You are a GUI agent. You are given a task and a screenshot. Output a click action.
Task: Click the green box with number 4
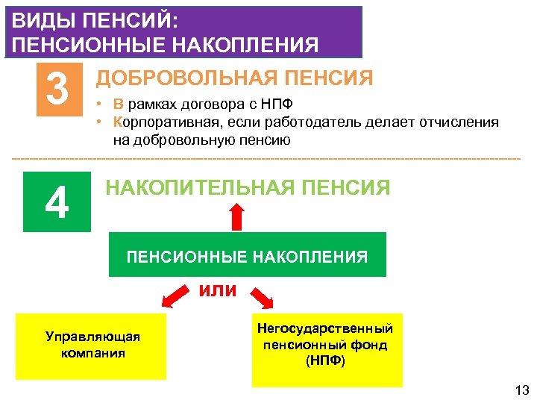[x=57, y=202]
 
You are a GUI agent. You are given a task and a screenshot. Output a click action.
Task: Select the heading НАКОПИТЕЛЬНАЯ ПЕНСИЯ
[x=248, y=188]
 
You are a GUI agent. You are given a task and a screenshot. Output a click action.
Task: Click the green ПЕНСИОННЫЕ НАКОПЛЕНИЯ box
[x=247, y=257]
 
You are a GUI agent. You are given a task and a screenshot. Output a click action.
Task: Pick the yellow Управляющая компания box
[x=92, y=345]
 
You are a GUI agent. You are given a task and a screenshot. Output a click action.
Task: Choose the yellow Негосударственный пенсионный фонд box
[x=326, y=345]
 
